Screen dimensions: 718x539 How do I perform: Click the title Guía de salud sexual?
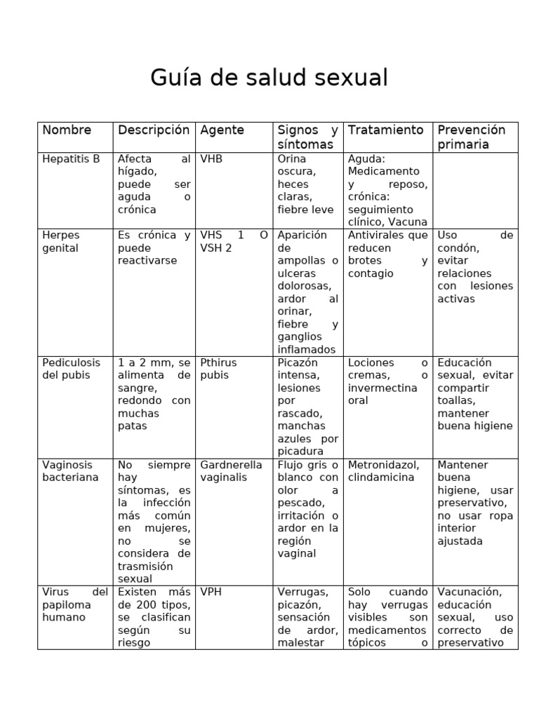click(x=269, y=78)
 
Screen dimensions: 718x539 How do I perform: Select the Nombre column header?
click(x=67, y=130)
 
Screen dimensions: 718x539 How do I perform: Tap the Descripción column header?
click(x=154, y=130)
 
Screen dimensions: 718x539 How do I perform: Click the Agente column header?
click(x=222, y=130)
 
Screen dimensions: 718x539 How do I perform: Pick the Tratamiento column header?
click(x=386, y=130)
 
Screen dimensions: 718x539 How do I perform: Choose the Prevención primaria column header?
click(x=472, y=137)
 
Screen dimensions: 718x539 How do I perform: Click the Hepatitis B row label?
click(x=71, y=158)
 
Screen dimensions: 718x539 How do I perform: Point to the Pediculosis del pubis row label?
click(x=71, y=369)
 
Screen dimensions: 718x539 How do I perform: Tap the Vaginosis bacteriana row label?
click(x=70, y=470)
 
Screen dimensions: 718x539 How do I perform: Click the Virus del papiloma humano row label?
click(x=74, y=604)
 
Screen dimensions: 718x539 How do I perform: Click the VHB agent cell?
click(x=211, y=158)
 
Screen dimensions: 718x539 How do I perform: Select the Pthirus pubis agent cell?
click(x=218, y=369)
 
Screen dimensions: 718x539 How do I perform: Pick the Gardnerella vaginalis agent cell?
click(x=231, y=470)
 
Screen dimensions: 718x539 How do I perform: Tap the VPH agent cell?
click(x=211, y=592)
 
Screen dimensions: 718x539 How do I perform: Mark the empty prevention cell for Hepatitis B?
click(x=476, y=190)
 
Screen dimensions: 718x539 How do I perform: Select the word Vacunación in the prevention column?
click(x=469, y=592)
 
